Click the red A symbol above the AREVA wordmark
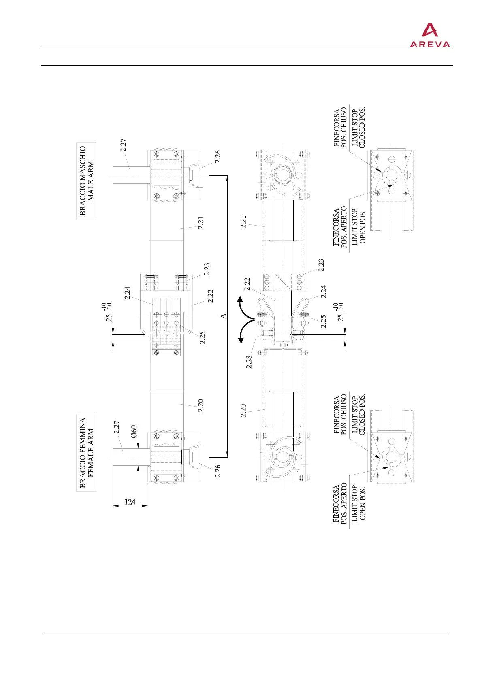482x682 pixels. (430, 31)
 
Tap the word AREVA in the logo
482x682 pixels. (430, 44)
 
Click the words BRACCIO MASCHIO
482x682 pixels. (83, 181)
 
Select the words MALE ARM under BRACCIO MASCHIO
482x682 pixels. (91, 181)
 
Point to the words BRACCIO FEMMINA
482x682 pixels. (83, 453)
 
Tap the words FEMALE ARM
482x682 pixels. (91, 453)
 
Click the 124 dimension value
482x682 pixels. (130, 502)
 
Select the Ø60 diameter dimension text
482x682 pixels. (134, 432)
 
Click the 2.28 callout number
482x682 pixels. (249, 362)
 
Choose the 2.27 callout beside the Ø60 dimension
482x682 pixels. (116, 428)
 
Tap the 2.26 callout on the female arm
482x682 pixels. (218, 471)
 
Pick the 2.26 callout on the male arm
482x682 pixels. (218, 157)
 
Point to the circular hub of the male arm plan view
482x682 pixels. (282, 176)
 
